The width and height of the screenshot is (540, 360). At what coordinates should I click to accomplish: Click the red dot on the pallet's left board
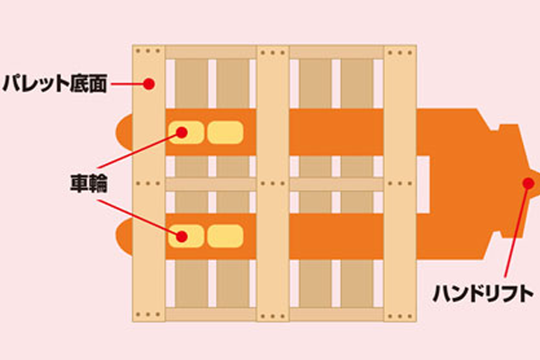[149, 85]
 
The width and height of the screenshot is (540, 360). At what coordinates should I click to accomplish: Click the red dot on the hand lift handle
[525, 184]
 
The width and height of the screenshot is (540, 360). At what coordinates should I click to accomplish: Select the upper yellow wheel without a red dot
[225, 132]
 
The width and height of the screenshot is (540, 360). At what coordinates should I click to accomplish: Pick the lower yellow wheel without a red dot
[225, 238]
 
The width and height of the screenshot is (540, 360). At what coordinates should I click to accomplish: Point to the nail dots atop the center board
[273, 52]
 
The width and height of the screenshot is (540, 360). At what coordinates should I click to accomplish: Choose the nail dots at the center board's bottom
[273, 315]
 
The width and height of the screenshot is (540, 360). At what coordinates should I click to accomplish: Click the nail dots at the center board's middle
[273, 184]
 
